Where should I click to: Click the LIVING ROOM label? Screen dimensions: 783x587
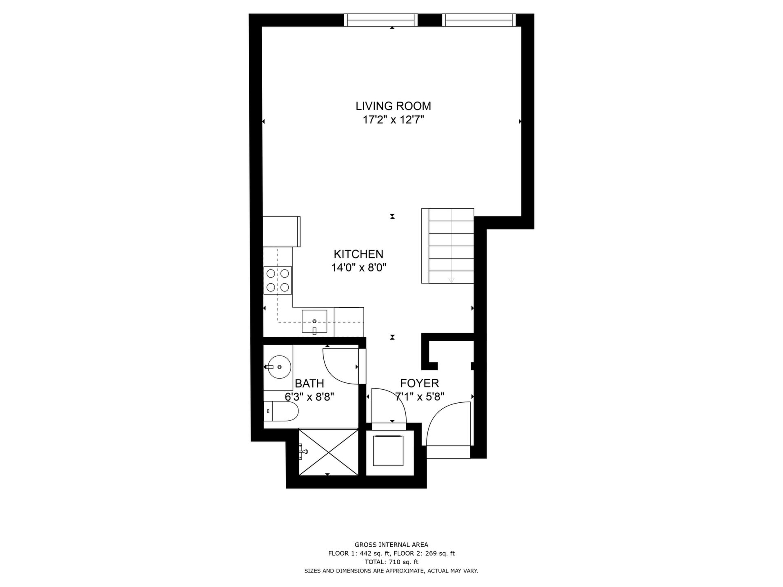[x=393, y=106]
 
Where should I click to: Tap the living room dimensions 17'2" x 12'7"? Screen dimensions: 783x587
[x=394, y=120]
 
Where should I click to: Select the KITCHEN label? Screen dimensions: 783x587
[x=358, y=254]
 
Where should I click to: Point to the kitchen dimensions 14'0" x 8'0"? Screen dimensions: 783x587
[x=358, y=268]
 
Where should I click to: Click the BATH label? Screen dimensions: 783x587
[x=310, y=384]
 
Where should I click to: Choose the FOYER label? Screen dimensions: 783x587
[x=420, y=383]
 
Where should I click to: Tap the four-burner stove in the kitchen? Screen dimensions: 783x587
[x=278, y=280]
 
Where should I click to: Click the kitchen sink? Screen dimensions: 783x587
[x=314, y=322]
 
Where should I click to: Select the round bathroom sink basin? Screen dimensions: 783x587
[x=279, y=367]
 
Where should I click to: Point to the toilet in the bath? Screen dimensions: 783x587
[x=281, y=412]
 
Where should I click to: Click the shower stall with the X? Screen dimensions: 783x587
[x=329, y=452]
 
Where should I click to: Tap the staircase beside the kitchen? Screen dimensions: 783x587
[x=448, y=246]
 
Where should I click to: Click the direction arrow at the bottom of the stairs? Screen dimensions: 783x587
[x=451, y=280]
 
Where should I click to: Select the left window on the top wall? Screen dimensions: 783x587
[x=381, y=20]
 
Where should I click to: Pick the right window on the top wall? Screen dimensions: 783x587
[x=479, y=20]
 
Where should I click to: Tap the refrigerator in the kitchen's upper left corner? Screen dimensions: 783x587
[x=282, y=232]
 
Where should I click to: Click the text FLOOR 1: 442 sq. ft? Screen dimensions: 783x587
[x=359, y=554]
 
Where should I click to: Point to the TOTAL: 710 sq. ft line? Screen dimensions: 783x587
[x=391, y=562]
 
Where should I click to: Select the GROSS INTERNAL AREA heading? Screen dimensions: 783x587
[x=391, y=545]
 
